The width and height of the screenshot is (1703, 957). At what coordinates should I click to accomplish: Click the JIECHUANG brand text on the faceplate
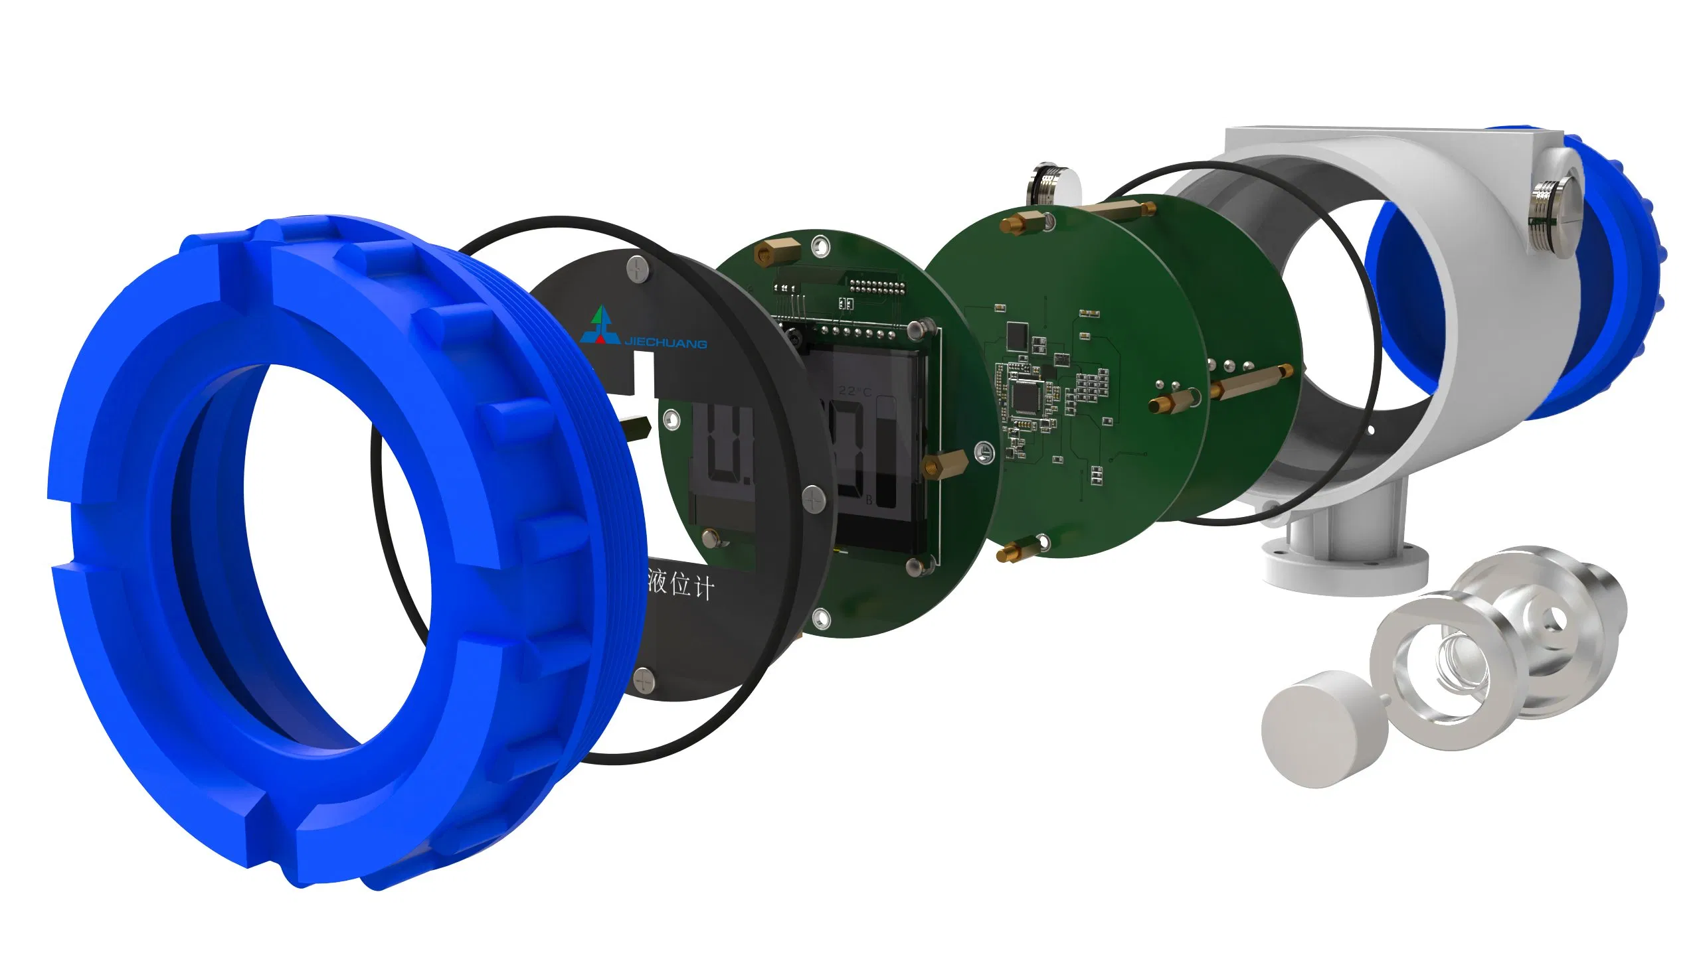tap(666, 342)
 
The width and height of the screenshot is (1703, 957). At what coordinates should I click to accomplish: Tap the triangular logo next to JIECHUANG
tap(600, 326)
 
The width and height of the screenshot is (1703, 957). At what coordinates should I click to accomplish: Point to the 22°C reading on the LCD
tap(854, 391)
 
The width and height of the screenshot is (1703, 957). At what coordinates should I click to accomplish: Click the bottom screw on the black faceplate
tap(645, 679)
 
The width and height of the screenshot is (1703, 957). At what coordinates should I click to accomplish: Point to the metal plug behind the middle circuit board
tap(1049, 186)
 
